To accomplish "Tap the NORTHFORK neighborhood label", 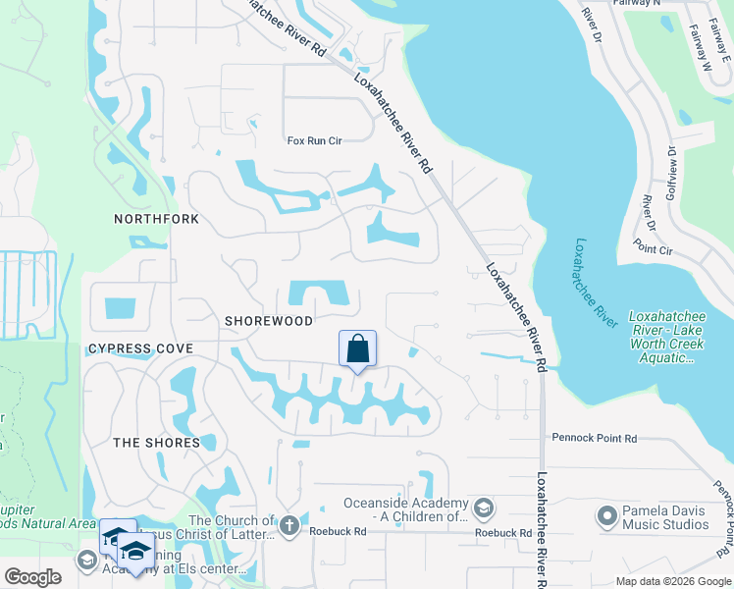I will point(156,219).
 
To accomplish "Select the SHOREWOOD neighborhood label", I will point(268,321).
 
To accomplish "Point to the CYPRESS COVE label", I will point(140,348).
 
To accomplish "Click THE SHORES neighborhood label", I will point(156,443).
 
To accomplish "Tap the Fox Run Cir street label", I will point(314,141).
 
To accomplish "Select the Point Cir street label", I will point(653,250).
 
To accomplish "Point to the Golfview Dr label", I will point(672,172).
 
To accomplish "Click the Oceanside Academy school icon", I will point(483,509).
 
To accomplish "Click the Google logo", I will point(33,577).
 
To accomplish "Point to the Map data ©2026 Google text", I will point(673,581).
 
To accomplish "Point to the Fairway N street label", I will point(664,3).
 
